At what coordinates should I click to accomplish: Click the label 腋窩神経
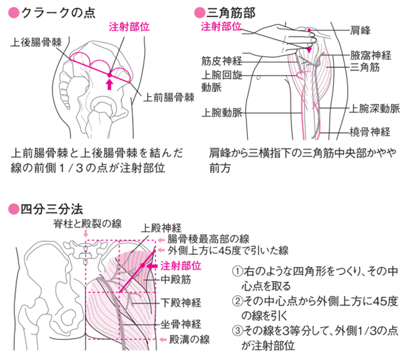point(370,55)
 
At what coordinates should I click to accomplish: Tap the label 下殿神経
point(181,303)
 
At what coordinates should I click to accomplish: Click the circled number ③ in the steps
point(236,331)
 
